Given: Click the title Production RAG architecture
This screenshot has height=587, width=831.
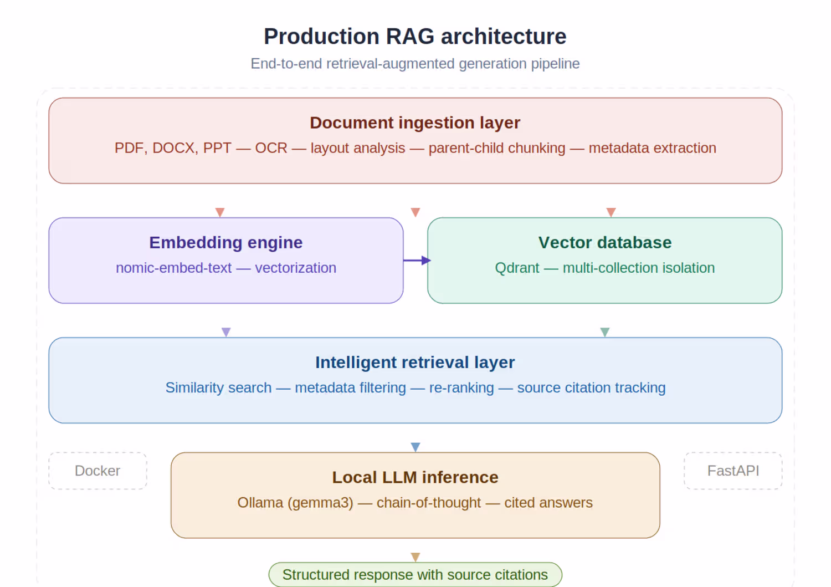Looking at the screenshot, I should click(x=415, y=37).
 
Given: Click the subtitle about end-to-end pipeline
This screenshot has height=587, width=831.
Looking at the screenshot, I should click(x=415, y=64).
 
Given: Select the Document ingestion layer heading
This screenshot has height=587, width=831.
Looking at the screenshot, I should click(x=415, y=122).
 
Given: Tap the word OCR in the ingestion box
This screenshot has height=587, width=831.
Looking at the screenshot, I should click(x=271, y=148).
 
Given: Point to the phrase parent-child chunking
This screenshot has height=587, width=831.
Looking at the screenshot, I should click(x=496, y=148).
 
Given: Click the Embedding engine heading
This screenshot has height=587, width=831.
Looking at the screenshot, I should click(x=225, y=242).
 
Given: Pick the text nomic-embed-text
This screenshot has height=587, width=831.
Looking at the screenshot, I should click(x=173, y=268).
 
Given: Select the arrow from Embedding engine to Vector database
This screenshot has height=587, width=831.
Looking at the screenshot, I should click(x=417, y=260).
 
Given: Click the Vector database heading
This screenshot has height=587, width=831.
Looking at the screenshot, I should click(x=604, y=242).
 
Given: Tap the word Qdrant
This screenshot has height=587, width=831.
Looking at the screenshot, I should click(x=516, y=268).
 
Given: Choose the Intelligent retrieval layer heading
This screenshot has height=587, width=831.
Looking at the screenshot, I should click(x=415, y=362).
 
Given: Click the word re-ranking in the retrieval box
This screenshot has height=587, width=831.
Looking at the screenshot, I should click(x=461, y=387).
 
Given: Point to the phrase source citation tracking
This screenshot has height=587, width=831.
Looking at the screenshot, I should click(x=591, y=387).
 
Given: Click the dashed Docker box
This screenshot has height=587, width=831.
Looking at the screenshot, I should click(x=98, y=471).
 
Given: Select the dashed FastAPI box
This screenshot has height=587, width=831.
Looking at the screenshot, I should click(x=733, y=471).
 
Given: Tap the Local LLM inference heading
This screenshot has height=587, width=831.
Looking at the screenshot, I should click(x=415, y=477).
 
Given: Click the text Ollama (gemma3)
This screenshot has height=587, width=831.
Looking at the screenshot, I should click(x=295, y=503).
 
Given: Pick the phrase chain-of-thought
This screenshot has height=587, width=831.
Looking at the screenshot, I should click(x=428, y=503).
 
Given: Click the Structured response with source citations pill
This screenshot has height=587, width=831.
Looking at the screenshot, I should click(x=415, y=575).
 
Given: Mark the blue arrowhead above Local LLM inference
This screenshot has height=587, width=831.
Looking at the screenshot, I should click(x=416, y=447).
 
